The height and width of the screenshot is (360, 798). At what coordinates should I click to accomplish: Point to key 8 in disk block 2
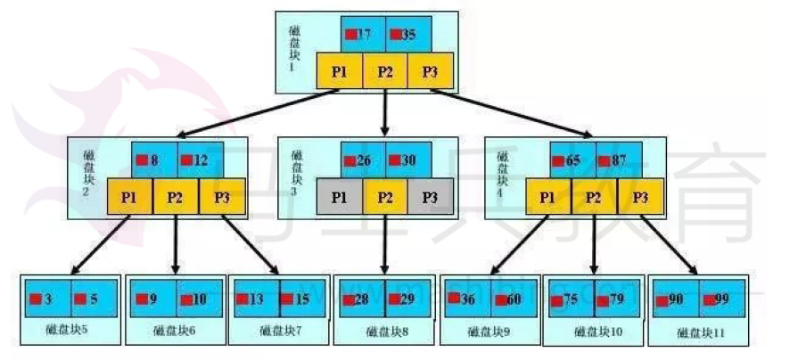pos(153,160)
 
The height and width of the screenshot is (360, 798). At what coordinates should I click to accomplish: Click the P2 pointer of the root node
pos(385,70)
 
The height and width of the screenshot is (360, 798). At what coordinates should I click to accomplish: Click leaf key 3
pos(45,299)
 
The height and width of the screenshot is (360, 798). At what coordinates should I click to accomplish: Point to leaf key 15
pos(301,299)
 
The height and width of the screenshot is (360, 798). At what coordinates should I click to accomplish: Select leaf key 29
pos(408,299)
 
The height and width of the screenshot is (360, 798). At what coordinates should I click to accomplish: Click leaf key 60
pos(514,299)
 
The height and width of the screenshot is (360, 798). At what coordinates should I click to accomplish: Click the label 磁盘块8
pos(385,332)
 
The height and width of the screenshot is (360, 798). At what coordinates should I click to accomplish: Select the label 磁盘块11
pos(701,333)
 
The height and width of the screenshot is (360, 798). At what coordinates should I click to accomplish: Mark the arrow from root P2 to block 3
pos(385,111)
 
